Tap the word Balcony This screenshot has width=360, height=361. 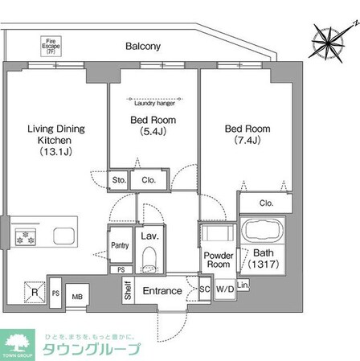pyautogui.click(x=143, y=47)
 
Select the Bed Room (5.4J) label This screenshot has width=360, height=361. pyautogui.click(x=153, y=127)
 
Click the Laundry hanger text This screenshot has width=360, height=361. pyautogui.click(x=153, y=103)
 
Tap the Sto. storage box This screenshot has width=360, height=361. pyautogui.click(x=119, y=180)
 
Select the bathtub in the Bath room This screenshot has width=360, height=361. pyautogui.click(x=262, y=233)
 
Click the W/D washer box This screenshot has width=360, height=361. pyautogui.click(x=224, y=289)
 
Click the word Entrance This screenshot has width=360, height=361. pyautogui.click(x=162, y=290)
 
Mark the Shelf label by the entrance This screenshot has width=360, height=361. pyautogui.click(x=127, y=289)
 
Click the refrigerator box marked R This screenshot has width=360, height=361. pyautogui.click(x=35, y=289)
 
